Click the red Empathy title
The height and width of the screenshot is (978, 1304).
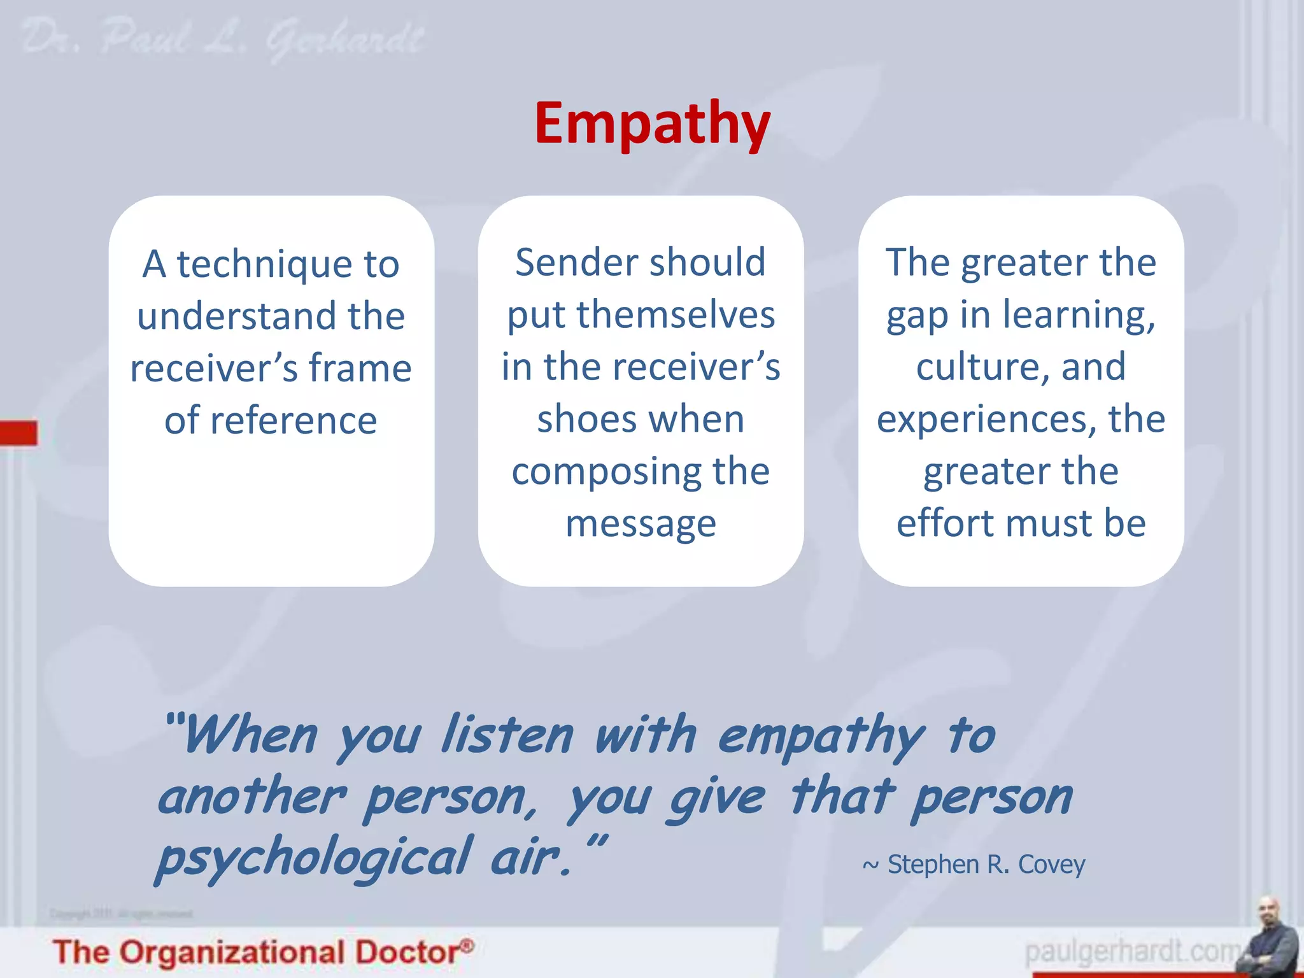pyautogui.click(x=652, y=124)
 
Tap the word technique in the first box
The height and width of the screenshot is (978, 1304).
pyautogui.click(x=264, y=264)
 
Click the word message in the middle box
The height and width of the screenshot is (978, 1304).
pyautogui.click(x=641, y=525)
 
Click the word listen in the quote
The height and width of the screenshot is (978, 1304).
pyautogui.click(x=507, y=735)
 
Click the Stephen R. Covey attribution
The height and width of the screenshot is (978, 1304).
pyautogui.click(x=974, y=865)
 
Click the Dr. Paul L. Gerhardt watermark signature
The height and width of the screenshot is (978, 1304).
pyautogui.click(x=223, y=39)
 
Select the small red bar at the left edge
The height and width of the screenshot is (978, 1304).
pyautogui.click(x=18, y=433)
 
